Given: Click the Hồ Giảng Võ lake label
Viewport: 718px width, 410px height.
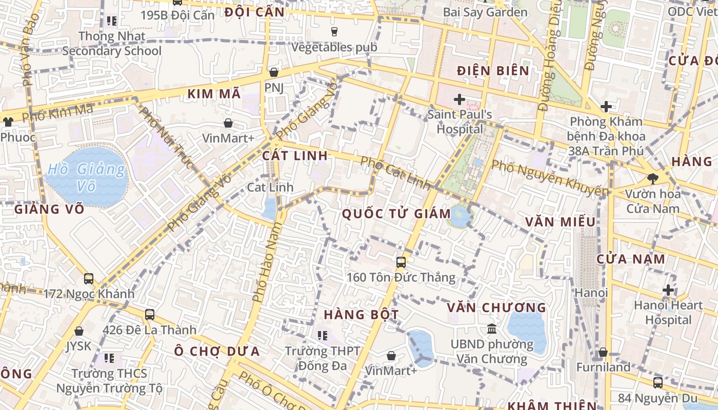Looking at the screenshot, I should pyautogui.click(x=86, y=177).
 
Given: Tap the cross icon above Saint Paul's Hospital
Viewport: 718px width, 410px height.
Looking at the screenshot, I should pyautogui.click(x=459, y=99).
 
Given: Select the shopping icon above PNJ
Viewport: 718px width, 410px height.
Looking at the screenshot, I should pyautogui.click(x=274, y=72).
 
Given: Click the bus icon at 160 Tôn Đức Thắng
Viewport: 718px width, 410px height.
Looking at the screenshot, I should pyautogui.click(x=401, y=262).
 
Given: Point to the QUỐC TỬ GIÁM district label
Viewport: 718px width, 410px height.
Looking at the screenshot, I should pyautogui.click(x=396, y=214).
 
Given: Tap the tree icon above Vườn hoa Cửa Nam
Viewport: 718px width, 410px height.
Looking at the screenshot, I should pyautogui.click(x=652, y=179).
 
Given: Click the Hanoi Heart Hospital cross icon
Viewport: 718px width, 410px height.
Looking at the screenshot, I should pyautogui.click(x=668, y=290).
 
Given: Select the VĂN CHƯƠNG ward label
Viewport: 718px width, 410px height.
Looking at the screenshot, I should pyautogui.click(x=496, y=307).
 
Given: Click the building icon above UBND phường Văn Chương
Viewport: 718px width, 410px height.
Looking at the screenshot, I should pyautogui.click(x=492, y=329).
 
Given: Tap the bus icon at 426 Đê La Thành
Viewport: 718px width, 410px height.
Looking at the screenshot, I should pyautogui.click(x=150, y=315).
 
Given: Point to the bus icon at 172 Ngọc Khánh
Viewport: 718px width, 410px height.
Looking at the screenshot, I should pyautogui.click(x=89, y=279).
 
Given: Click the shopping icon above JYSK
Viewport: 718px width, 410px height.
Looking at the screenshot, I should pyautogui.click(x=79, y=332).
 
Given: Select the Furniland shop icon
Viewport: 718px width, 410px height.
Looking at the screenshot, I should pyautogui.click(x=603, y=353).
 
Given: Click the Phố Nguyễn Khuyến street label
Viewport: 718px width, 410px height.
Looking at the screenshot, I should pyautogui.click(x=550, y=178).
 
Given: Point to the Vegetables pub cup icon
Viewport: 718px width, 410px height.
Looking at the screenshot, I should pyautogui.click(x=334, y=32).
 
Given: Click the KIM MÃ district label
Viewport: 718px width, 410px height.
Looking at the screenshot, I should pyautogui.click(x=214, y=94).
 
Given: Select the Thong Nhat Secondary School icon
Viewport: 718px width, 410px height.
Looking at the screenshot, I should pyautogui.click(x=111, y=22).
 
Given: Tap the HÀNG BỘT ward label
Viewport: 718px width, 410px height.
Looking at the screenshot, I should pyautogui.click(x=361, y=314).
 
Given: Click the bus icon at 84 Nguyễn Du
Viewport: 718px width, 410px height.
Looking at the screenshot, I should pyautogui.click(x=657, y=383).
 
